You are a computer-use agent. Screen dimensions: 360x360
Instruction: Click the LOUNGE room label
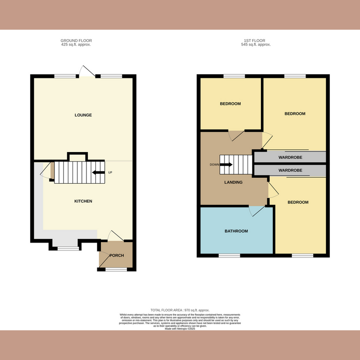tap(83, 115)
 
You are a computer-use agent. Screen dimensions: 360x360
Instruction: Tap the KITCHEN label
tap(83, 201)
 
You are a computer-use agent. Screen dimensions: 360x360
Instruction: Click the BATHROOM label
tap(236, 231)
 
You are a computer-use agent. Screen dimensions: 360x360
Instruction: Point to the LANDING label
tap(234, 182)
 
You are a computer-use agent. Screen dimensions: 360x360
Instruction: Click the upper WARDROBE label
tap(290, 157)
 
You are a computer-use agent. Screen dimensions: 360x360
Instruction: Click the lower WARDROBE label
tap(290, 171)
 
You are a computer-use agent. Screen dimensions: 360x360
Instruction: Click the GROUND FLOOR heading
tap(76, 41)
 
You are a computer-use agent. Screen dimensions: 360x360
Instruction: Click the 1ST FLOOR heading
tap(256, 41)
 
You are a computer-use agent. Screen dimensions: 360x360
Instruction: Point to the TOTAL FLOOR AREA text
tap(180, 310)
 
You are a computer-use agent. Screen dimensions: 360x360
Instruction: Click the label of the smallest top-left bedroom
tap(230, 104)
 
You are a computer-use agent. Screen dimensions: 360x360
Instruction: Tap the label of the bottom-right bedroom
tap(297, 202)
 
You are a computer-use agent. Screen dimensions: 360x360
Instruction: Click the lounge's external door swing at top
tap(85, 71)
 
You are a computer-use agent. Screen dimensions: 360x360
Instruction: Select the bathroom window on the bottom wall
tap(229, 255)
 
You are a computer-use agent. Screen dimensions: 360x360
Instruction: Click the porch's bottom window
tap(116, 270)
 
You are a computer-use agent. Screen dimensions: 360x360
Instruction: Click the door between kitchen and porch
tap(115, 237)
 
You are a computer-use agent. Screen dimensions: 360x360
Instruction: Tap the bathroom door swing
tap(256, 211)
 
